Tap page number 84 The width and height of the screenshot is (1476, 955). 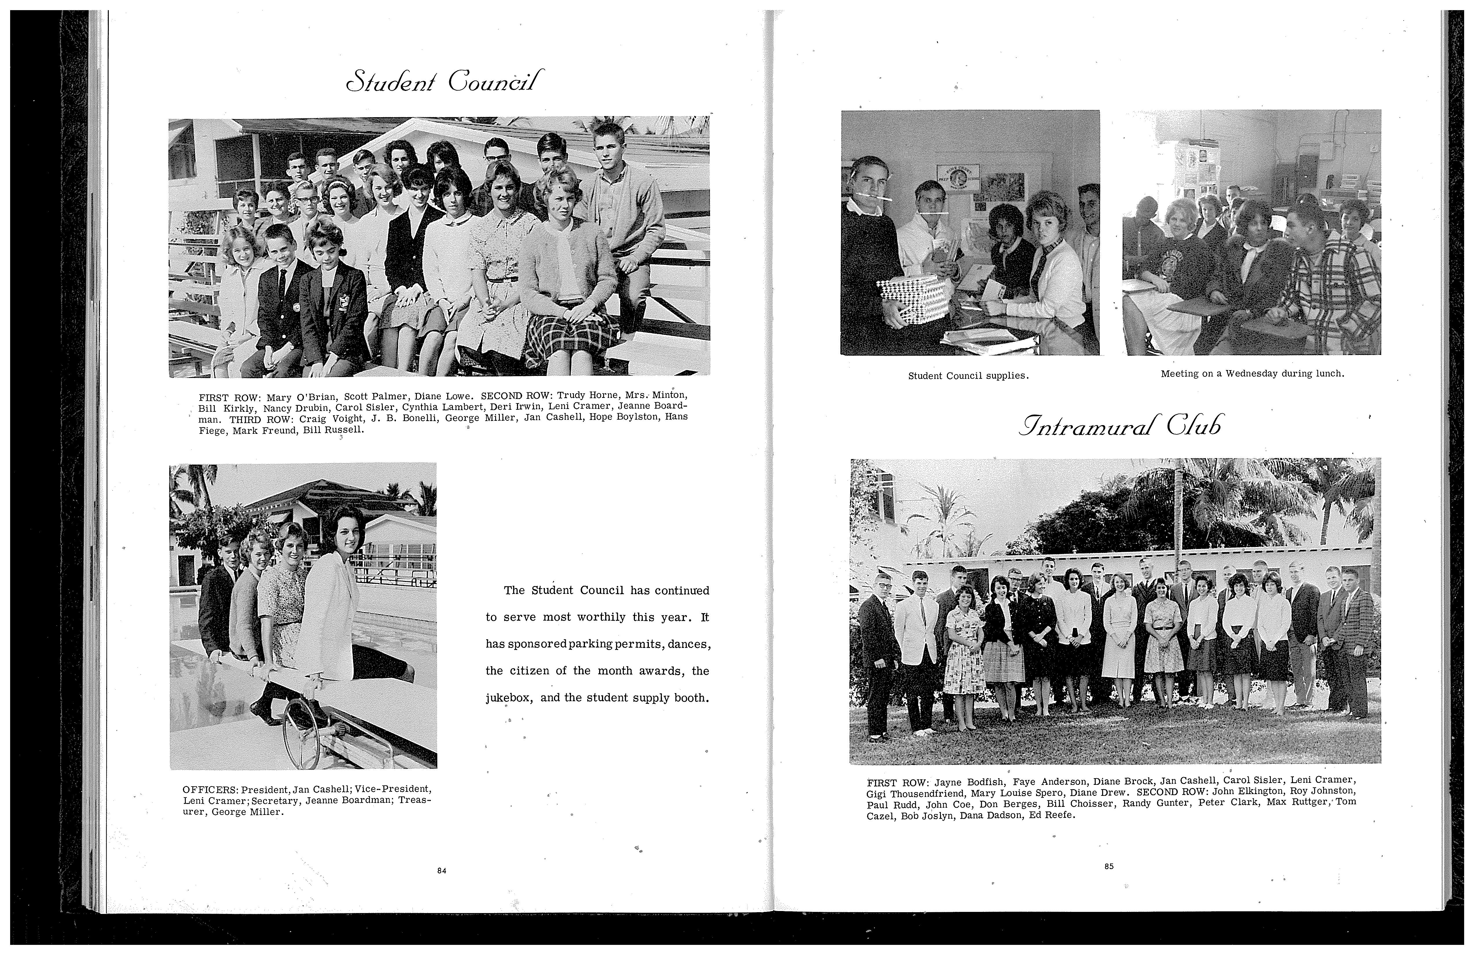(x=442, y=871)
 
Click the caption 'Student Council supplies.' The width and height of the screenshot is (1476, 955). (x=969, y=376)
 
